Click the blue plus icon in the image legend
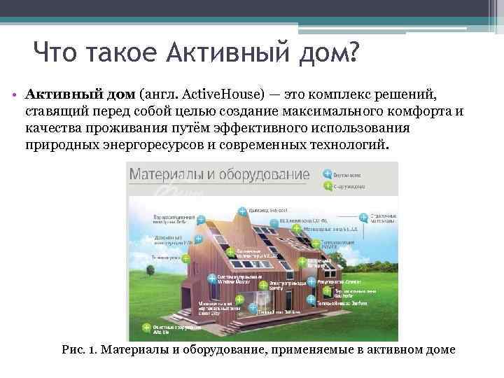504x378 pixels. (x=327, y=173)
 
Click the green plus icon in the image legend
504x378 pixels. (x=327, y=186)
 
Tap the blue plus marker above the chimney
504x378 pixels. (x=242, y=211)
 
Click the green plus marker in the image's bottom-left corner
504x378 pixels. (x=146, y=327)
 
